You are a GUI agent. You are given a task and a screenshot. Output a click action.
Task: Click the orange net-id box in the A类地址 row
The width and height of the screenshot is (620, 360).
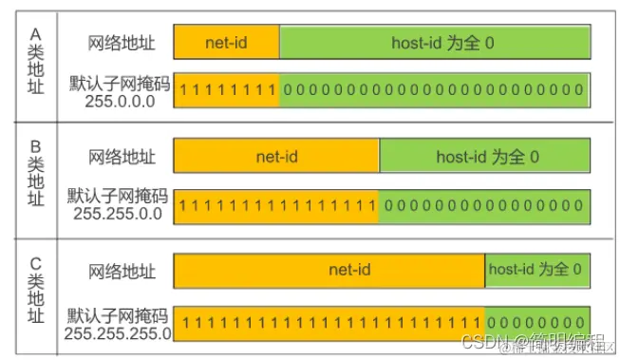pos(226,43)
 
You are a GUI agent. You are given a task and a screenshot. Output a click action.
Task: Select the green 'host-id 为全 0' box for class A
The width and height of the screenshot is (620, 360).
pos(435,43)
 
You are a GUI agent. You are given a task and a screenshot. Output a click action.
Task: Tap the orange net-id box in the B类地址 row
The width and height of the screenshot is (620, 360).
pos(276,156)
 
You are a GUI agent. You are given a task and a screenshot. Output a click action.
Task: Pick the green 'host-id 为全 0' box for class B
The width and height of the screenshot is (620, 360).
pos(485,156)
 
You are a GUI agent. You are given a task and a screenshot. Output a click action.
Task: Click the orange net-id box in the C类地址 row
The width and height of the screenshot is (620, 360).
pos(329,270)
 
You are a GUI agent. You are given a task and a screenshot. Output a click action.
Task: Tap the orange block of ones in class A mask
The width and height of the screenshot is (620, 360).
pos(226,90)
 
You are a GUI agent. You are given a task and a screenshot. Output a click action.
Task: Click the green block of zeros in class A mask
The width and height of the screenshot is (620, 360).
pos(435,90)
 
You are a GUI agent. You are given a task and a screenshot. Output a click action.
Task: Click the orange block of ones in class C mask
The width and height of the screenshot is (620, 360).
pos(329,323)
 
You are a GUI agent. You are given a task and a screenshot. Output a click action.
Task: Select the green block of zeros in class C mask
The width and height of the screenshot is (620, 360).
pos(537,323)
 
